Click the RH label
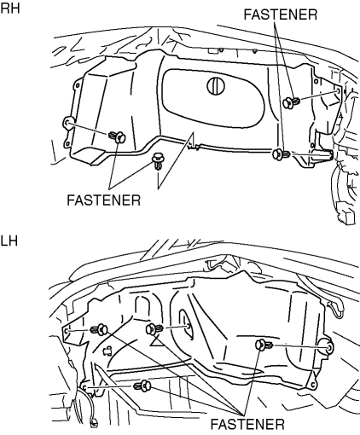(x=10, y=8)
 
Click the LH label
(x=9, y=241)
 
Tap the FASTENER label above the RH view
(x=281, y=14)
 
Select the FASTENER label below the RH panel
(x=104, y=200)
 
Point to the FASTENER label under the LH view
(x=247, y=424)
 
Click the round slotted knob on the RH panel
(x=216, y=85)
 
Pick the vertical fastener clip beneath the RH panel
(x=157, y=161)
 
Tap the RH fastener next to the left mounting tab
(x=117, y=136)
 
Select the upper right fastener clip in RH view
(x=292, y=102)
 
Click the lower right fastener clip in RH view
(x=281, y=154)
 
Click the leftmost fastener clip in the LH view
(x=99, y=330)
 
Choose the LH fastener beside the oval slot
(x=154, y=329)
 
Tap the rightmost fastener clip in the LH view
(x=264, y=345)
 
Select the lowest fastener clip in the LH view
(x=142, y=386)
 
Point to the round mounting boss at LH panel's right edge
(x=328, y=347)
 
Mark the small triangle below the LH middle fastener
(x=155, y=341)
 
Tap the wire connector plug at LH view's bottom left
(x=94, y=424)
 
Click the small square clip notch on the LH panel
(x=107, y=351)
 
